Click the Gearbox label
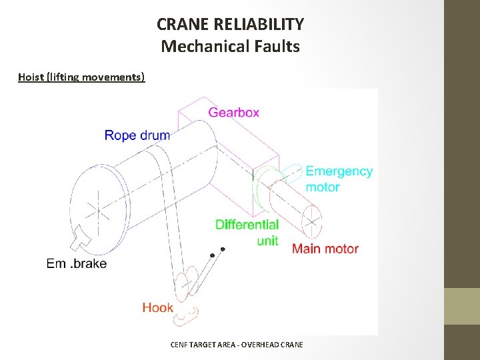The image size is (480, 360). (233, 113)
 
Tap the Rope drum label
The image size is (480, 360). (137, 136)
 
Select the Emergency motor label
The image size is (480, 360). (339, 179)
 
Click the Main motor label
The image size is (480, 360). (325, 249)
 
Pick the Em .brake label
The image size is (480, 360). (77, 263)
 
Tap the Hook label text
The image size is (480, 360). (157, 307)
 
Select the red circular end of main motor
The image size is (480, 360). (311, 221)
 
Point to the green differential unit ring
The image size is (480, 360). (263, 190)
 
